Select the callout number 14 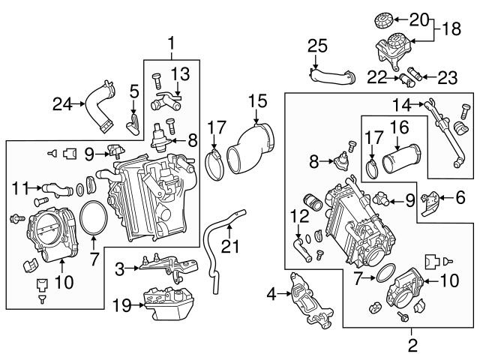[404, 105]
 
